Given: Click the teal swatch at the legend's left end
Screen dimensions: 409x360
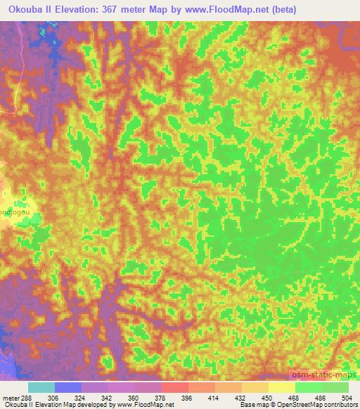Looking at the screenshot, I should click(41, 387).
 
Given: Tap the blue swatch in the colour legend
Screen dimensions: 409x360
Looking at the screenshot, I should click(68, 387).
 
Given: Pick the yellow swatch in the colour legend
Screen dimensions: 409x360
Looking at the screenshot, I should click(282, 387).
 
